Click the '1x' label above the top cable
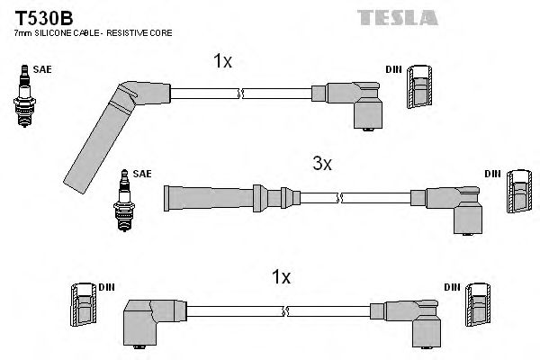coord(222,62)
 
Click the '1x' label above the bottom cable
coord(281,278)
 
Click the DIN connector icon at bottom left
coord(82,307)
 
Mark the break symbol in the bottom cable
coord(284,311)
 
